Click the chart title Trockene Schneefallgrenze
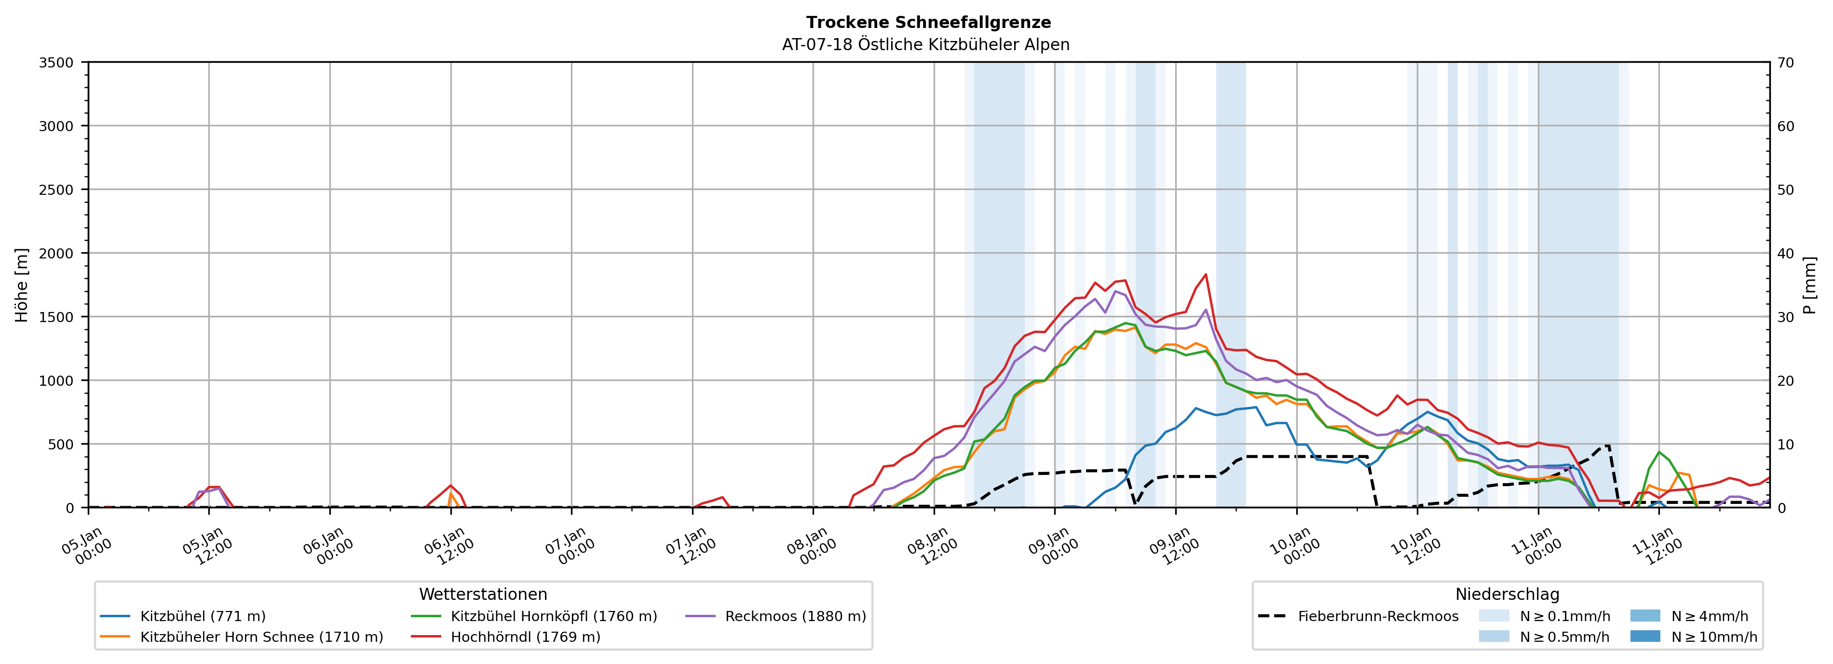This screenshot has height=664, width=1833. click(x=928, y=22)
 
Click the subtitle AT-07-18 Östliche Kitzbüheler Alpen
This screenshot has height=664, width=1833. click(x=925, y=45)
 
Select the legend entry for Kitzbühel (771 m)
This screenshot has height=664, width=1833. click(x=203, y=616)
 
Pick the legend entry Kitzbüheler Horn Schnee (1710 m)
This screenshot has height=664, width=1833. click(x=261, y=637)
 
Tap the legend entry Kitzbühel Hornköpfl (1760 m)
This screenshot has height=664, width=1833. click(x=554, y=616)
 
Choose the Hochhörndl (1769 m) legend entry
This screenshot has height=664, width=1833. click(x=525, y=637)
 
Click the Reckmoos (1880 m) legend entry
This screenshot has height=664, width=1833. click(x=795, y=616)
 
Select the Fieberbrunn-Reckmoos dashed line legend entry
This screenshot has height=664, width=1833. click(x=1378, y=616)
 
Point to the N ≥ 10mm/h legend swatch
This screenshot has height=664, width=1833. click(x=1644, y=636)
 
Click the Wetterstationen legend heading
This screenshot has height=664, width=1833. click(x=483, y=594)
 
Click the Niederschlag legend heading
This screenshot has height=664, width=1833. click(x=1507, y=594)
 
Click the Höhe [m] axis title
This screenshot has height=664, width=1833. click(x=22, y=285)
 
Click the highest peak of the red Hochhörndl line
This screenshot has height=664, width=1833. click(x=1206, y=275)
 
